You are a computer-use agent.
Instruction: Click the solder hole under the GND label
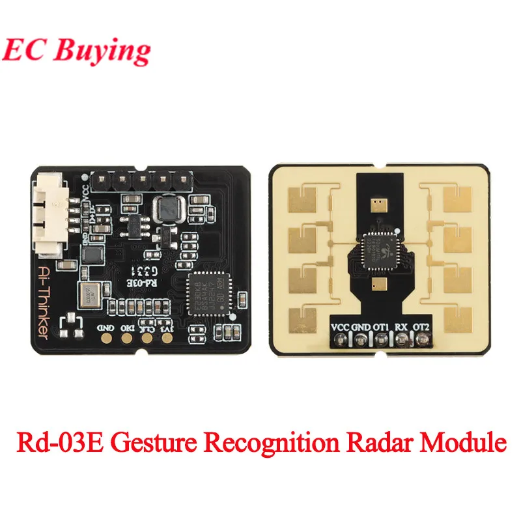pyautogui.click(x=361, y=339)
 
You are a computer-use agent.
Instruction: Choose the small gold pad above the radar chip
pyautogui.click(x=378, y=204)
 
